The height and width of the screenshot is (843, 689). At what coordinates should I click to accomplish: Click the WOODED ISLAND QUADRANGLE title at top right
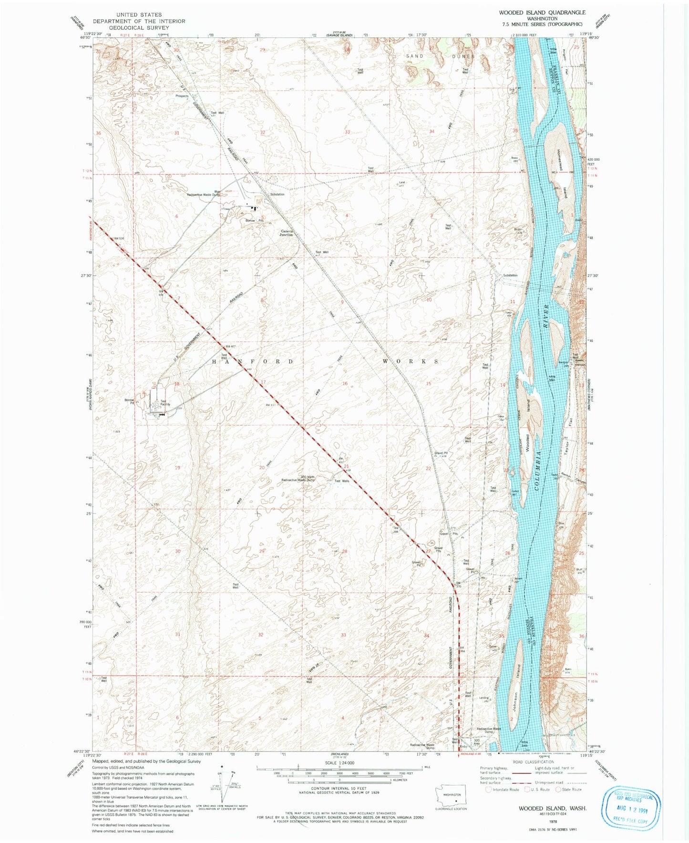[542, 12]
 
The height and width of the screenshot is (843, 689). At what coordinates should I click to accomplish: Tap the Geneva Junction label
[287, 233]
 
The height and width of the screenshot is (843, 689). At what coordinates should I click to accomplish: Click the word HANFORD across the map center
[252, 362]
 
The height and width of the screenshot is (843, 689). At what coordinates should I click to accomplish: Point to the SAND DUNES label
[440, 56]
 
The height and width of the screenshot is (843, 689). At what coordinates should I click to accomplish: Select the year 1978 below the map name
[553, 822]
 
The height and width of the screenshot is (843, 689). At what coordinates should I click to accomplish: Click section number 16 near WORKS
[345, 383]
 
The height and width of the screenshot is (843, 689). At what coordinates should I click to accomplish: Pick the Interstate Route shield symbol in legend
[488, 790]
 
